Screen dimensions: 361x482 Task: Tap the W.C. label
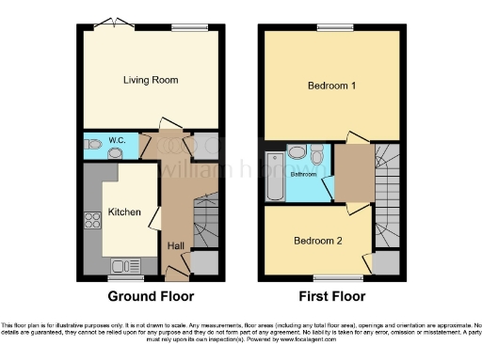coord(117,140)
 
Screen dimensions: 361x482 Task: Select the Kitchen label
coord(124,212)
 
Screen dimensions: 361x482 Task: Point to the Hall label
coord(176,246)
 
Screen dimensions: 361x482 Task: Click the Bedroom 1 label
coord(331,86)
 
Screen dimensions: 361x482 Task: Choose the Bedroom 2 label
coord(317,241)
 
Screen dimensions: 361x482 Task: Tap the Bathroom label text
coord(303,175)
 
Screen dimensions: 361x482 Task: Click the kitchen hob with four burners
coord(93,222)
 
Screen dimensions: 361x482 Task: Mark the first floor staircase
coord(387,197)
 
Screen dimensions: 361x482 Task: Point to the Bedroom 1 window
coord(331,27)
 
